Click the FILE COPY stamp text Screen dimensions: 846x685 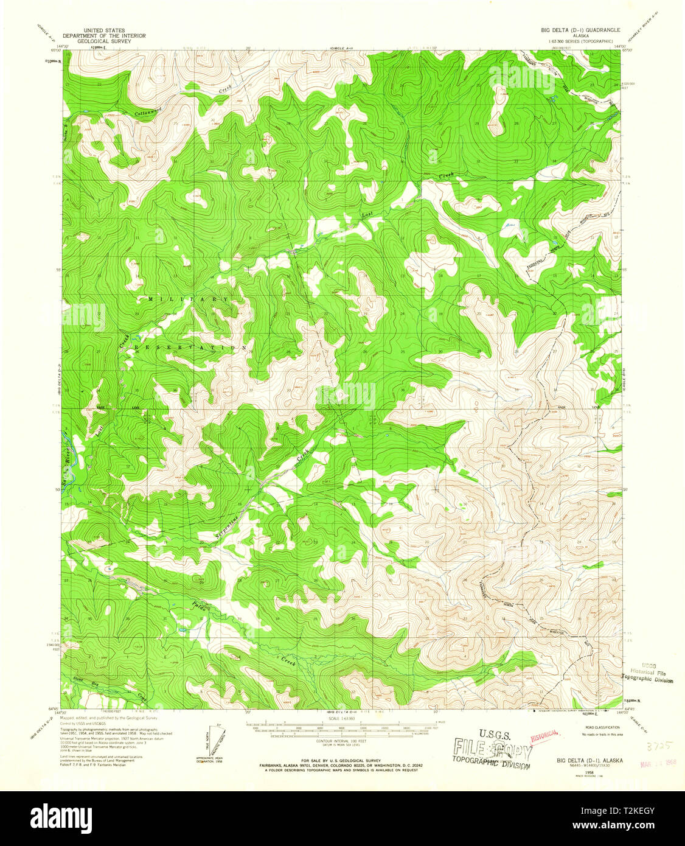click(492, 749)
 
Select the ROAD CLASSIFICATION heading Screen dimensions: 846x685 click(597, 727)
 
